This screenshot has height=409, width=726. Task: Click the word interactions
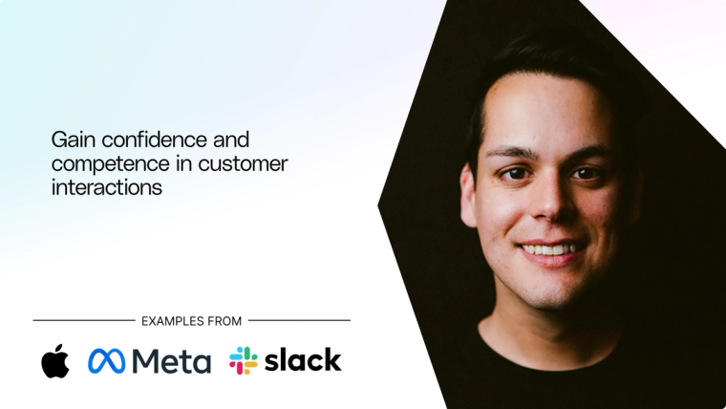click(x=107, y=188)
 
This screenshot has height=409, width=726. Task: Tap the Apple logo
click(x=54, y=360)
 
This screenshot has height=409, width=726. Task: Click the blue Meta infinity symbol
click(x=106, y=361)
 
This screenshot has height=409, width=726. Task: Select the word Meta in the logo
click(x=172, y=361)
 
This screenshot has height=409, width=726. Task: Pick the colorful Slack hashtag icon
click(x=244, y=360)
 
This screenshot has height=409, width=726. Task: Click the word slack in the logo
click(x=303, y=360)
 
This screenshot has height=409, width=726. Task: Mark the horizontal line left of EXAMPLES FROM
click(x=83, y=321)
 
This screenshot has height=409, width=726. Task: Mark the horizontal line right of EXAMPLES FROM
click(x=299, y=321)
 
